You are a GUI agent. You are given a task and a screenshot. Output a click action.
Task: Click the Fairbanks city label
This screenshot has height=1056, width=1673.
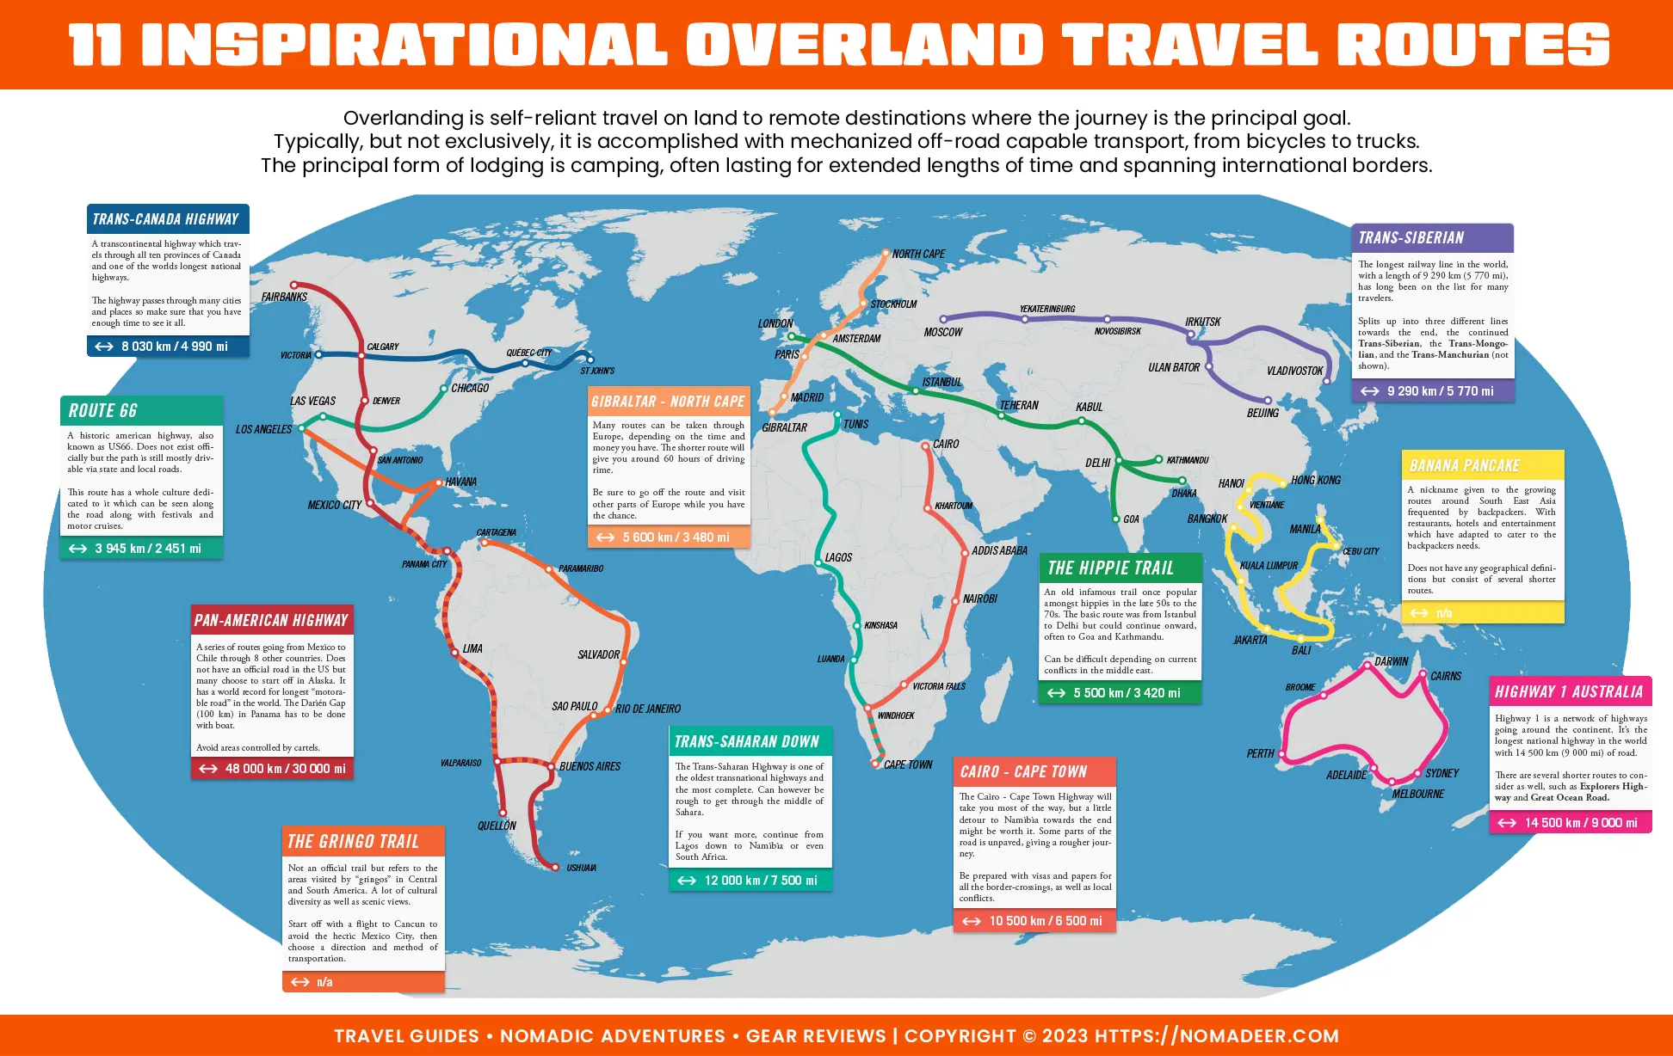coord(284,297)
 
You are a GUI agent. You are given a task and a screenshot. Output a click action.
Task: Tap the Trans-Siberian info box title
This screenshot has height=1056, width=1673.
coord(1411,238)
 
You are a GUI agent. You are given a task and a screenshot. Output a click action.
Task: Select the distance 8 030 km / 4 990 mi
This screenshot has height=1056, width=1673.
coord(174,347)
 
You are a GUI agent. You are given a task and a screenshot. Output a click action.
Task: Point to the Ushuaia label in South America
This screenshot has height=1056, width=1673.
coord(581,868)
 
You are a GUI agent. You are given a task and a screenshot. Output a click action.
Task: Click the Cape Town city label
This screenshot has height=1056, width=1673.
coord(908,764)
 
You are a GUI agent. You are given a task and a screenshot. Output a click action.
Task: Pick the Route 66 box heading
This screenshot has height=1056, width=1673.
coord(102,411)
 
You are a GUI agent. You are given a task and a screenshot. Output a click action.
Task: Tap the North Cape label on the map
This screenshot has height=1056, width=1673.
coord(918,254)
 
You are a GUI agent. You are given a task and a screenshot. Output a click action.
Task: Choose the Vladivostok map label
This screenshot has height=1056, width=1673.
coord(1294,371)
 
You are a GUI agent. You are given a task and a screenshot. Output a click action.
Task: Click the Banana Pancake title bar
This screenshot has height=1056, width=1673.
coord(1464,466)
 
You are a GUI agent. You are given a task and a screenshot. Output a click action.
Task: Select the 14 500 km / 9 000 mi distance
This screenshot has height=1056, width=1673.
coord(1581,823)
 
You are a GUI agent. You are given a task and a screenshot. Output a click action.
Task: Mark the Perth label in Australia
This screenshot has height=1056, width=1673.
coord(1260,753)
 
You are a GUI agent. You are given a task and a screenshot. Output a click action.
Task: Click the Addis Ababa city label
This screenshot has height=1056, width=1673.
coord(999,550)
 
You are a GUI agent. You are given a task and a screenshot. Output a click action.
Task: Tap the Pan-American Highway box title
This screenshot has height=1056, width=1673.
coord(271,620)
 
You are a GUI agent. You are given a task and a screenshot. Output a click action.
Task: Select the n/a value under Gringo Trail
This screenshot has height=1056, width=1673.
coord(324,982)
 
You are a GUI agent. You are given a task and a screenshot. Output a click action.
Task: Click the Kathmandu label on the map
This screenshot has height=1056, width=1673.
coord(1188,460)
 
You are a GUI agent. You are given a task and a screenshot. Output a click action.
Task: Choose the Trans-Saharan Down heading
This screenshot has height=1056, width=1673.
coord(746,741)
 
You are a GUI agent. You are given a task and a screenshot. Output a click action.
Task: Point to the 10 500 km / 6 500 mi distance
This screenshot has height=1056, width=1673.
coord(1045,921)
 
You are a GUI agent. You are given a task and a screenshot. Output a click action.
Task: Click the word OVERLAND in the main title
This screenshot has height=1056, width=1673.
coord(864,45)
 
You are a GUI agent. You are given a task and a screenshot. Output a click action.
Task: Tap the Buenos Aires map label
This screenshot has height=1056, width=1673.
coord(590,766)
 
